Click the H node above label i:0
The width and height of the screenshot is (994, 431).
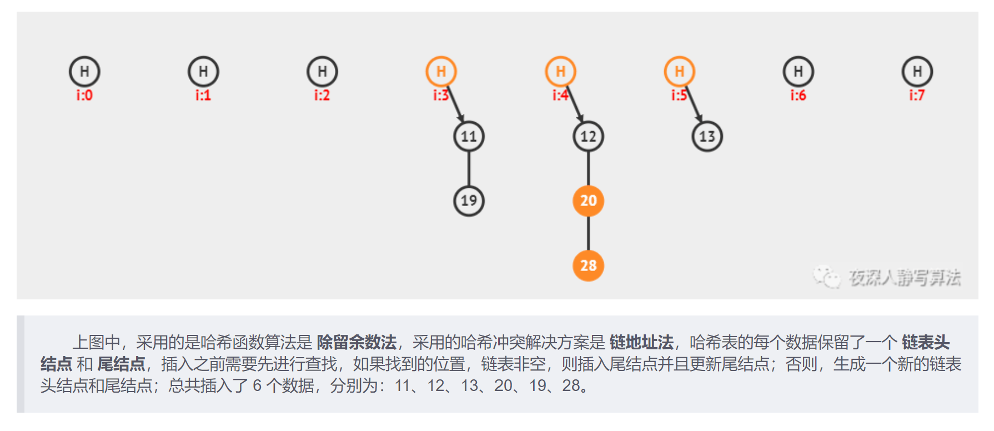(84, 72)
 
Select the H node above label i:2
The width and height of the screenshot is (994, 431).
(322, 72)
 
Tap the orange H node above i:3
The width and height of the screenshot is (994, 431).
(441, 72)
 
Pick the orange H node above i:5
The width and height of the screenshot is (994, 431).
(679, 72)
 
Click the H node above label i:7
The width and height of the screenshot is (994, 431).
(917, 72)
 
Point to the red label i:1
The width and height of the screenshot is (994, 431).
(203, 96)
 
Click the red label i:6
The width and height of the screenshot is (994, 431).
(798, 96)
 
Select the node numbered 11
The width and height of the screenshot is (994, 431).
(469, 137)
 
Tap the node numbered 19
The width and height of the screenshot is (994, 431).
(469, 201)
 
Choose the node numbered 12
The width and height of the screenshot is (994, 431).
(588, 137)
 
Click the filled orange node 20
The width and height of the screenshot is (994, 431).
(588, 201)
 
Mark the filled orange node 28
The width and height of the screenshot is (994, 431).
(588, 265)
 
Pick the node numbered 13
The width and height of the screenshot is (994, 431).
(707, 137)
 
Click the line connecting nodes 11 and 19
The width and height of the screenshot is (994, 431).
(469, 168)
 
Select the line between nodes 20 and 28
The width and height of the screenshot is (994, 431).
(588, 233)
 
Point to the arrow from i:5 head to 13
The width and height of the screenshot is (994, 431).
(694, 104)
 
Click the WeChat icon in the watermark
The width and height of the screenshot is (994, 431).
(826, 276)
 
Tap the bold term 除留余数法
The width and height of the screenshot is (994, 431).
(357, 342)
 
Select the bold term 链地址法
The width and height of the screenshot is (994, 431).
(641, 342)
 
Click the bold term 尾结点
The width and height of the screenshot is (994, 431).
(121, 364)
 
